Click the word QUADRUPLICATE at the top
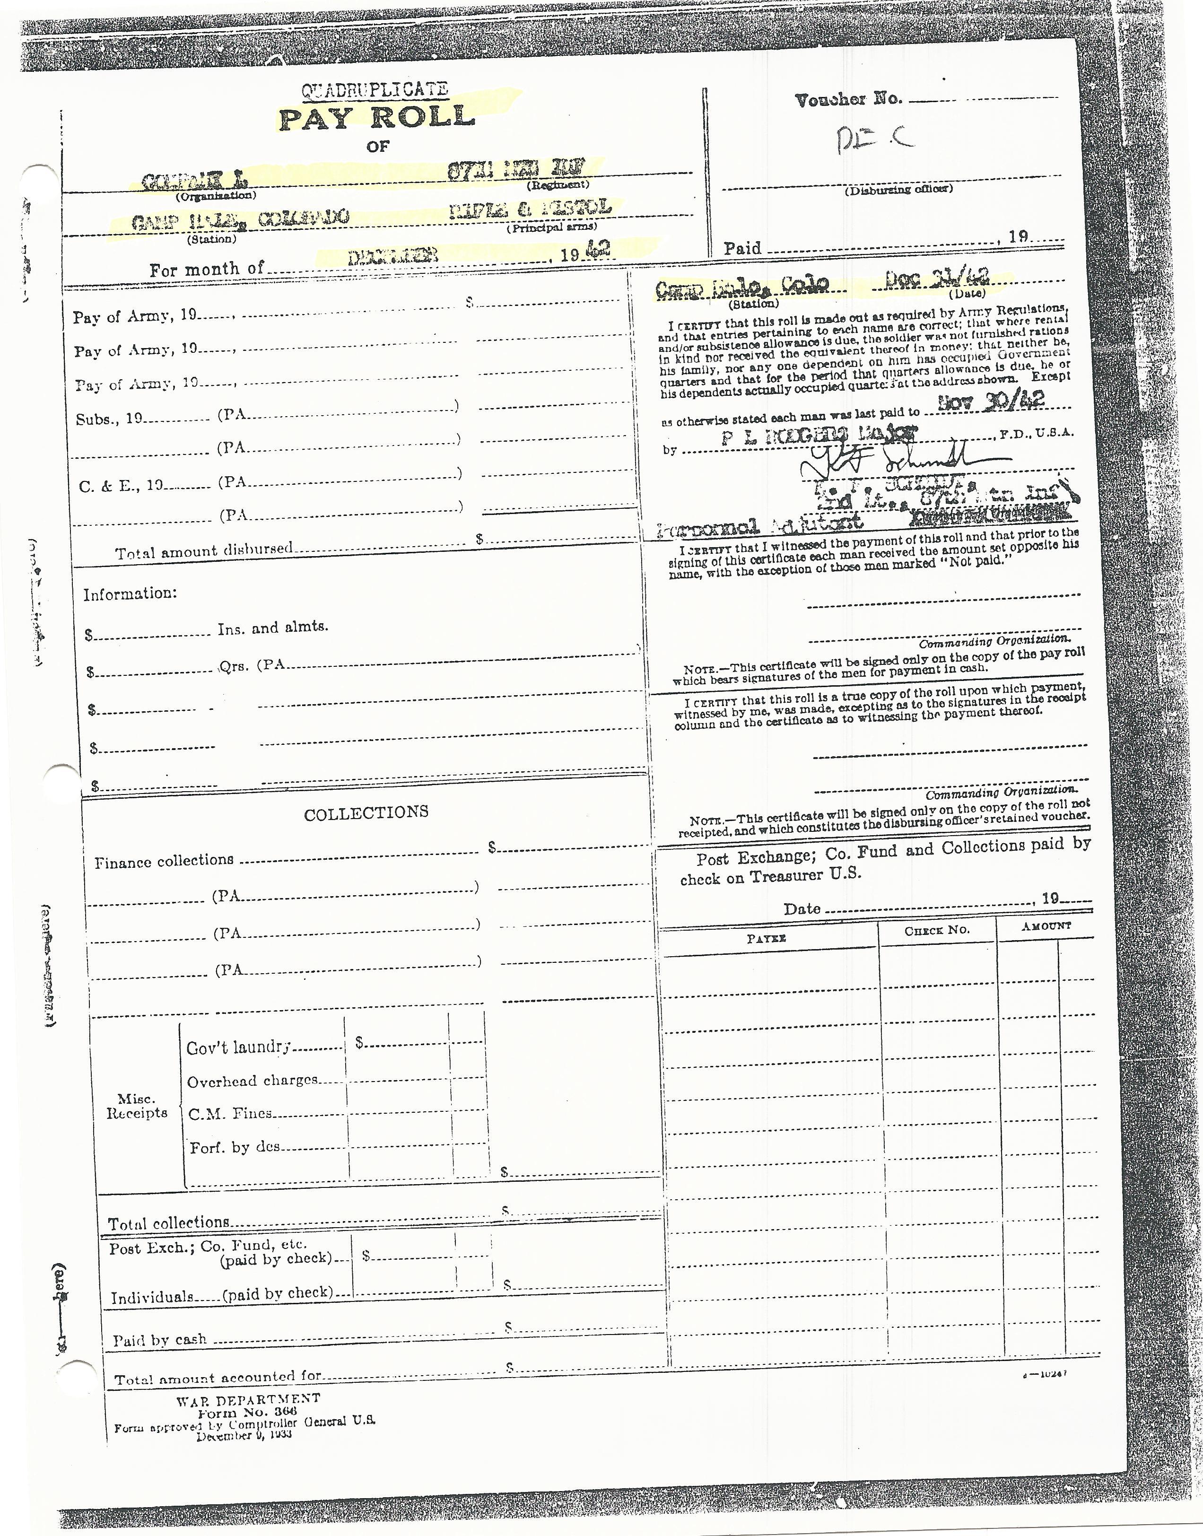pyautogui.click(x=374, y=90)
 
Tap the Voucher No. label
pyautogui.click(x=848, y=99)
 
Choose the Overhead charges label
pyautogui.click(x=252, y=1080)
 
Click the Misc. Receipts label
pyautogui.click(x=137, y=1106)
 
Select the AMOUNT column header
pyautogui.click(x=1046, y=926)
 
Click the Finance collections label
pyautogui.click(x=164, y=861)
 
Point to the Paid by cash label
pyautogui.click(x=160, y=1340)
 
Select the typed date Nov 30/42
pyautogui.click(x=993, y=401)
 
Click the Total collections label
pyautogui.click(x=169, y=1222)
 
